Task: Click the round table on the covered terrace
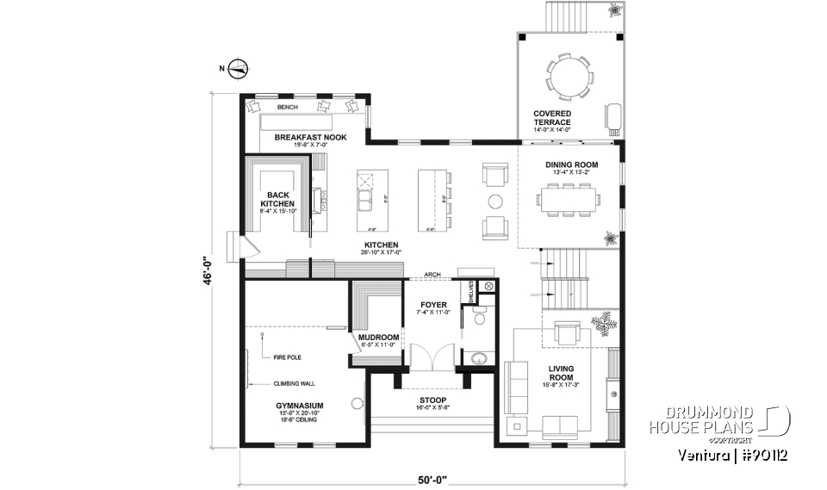[569, 76]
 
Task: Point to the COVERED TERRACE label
[552, 118]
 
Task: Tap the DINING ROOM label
[570, 164]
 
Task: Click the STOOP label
[432, 399]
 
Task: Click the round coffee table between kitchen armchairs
[495, 202]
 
